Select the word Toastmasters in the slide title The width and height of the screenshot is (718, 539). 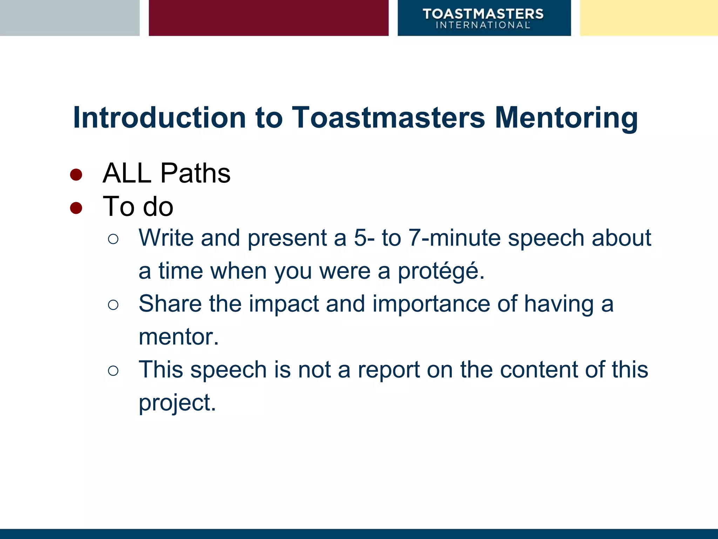388,118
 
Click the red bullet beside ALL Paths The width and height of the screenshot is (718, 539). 76,174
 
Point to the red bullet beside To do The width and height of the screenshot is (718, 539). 76,208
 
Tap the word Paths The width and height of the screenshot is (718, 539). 195,173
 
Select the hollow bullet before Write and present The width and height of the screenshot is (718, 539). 113,239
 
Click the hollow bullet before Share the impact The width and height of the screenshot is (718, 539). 113,305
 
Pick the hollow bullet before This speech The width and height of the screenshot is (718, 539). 113,371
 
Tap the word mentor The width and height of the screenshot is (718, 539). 176,337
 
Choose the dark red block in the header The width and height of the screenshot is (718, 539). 269,18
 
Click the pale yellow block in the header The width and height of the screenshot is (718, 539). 649,18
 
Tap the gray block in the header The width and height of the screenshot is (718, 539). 69,18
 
